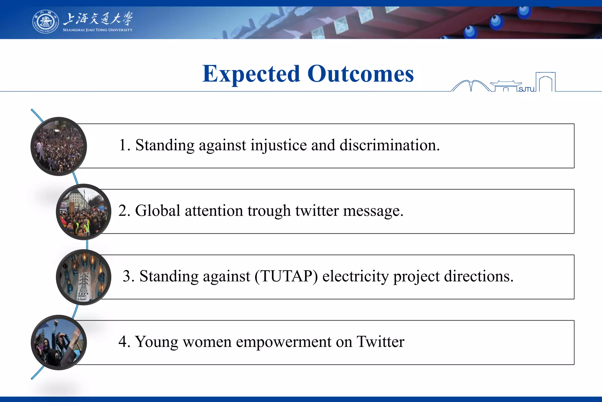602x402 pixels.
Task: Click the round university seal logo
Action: [45, 22]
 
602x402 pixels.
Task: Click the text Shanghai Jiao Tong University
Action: [98, 30]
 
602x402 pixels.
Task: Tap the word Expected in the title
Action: [251, 74]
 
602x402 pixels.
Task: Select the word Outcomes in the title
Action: [361, 74]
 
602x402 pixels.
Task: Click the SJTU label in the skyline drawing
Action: [526, 89]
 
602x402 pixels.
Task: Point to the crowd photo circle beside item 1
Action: [59, 146]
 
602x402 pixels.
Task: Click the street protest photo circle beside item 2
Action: [84, 212]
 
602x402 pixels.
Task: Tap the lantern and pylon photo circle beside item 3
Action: [84, 277]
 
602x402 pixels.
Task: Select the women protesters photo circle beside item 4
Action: [59, 343]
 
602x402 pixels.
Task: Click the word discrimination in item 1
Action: [389, 145]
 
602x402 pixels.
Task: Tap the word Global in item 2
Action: [158, 211]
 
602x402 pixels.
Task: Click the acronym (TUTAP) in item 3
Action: [286, 277]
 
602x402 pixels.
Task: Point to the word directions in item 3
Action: [479, 277]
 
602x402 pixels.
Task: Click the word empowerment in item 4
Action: [284, 342]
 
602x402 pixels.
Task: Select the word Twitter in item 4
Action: [380, 342]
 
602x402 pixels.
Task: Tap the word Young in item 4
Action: [156, 342]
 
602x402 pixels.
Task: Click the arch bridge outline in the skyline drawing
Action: [471, 86]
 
